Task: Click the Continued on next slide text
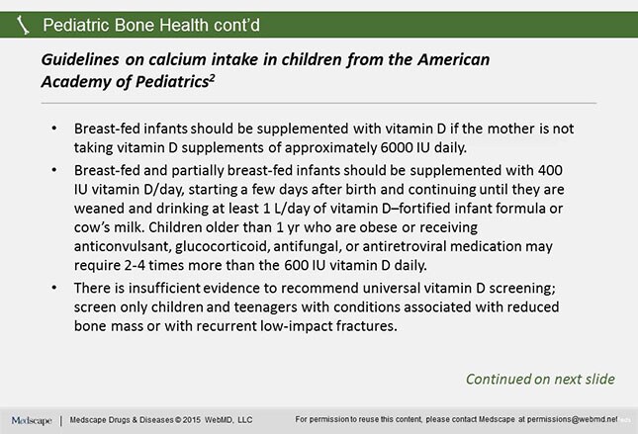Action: [540, 379]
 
